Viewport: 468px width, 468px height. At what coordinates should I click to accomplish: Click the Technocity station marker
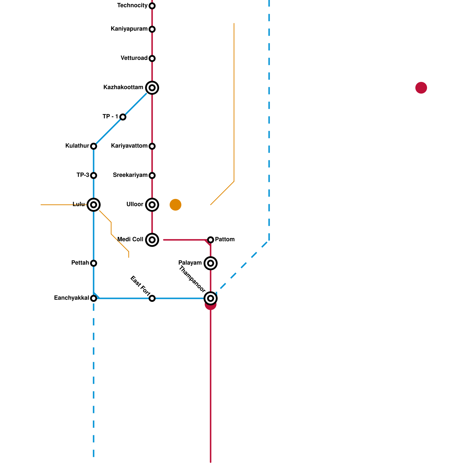tap(152, 6)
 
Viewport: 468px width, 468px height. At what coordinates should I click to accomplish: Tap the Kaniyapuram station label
tap(129, 29)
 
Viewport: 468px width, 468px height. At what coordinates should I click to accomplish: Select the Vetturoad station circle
tap(152, 58)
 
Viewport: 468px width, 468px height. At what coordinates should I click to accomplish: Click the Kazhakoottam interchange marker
tap(152, 88)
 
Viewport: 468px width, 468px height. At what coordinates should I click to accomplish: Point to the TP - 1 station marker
tap(123, 117)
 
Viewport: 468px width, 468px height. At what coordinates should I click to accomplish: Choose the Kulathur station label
tap(77, 146)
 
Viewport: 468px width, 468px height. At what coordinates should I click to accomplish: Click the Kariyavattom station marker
tap(152, 146)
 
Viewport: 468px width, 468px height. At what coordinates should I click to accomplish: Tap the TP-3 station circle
tap(94, 175)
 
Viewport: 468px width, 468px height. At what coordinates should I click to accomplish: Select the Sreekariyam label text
tap(130, 175)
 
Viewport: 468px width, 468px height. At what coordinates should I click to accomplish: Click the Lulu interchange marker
tap(94, 205)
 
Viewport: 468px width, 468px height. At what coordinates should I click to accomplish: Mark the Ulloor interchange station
tap(152, 205)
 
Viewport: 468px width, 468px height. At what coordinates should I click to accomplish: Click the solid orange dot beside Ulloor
tap(175, 205)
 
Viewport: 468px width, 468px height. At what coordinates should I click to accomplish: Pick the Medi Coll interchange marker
tap(152, 240)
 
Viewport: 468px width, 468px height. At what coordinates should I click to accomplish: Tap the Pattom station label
tap(225, 240)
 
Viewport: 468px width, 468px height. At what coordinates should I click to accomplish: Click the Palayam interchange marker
tap(211, 263)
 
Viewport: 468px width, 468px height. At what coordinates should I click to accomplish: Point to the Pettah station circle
tap(94, 263)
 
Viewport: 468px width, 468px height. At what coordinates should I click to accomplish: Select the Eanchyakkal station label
tap(71, 298)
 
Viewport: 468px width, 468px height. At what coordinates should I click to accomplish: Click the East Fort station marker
tap(152, 298)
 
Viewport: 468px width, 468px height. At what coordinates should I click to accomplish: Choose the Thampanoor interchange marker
tap(211, 298)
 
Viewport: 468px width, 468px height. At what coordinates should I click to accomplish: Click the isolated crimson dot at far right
tap(421, 88)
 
